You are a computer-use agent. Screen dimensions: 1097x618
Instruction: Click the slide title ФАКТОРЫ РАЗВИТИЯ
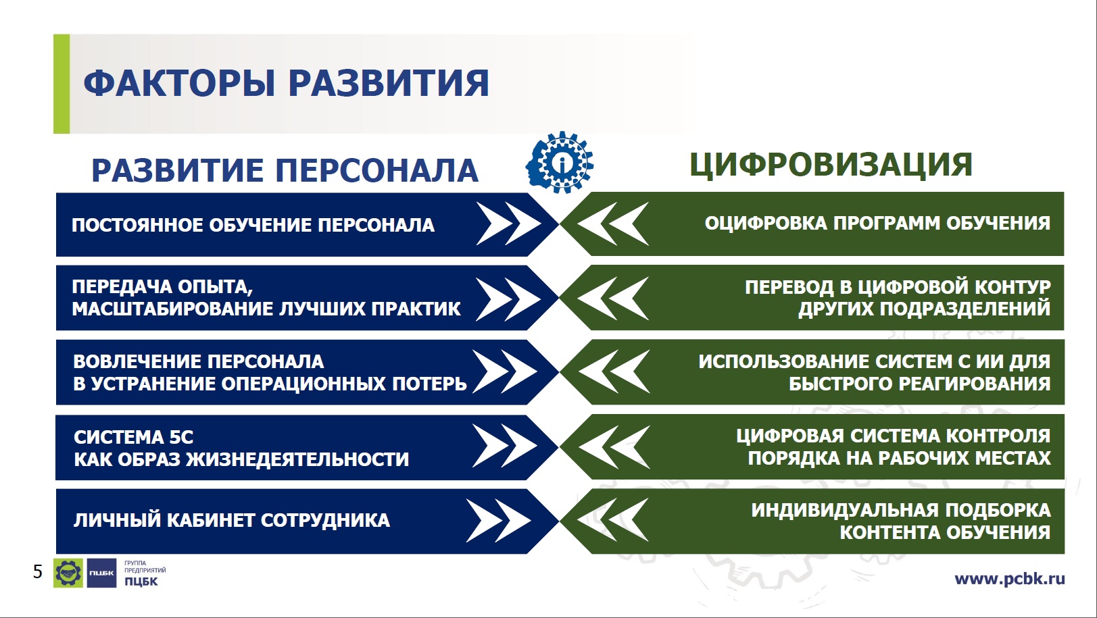point(287,82)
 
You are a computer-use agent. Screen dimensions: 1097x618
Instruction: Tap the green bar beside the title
point(62,84)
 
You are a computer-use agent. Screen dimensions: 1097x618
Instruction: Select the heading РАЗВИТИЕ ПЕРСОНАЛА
point(285,170)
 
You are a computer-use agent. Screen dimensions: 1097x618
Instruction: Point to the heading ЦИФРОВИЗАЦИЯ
point(831,165)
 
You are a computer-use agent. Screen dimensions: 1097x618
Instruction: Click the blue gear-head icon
point(560,162)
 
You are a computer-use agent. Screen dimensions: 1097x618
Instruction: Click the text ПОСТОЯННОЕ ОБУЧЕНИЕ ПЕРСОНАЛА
point(253,225)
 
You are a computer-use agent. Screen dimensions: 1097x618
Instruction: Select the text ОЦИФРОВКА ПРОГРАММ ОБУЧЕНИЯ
point(877,223)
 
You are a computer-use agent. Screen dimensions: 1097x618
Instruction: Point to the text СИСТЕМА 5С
point(134,437)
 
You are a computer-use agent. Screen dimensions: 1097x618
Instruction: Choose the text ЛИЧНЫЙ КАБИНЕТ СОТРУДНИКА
point(232,520)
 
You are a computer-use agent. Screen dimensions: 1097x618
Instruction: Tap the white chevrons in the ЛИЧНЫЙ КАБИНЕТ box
point(499,520)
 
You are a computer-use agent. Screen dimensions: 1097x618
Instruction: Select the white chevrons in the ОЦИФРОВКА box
point(613,224)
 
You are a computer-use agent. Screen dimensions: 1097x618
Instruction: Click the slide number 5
point(38,571)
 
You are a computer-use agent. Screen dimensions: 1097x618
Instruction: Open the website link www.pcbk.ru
point(1010,579)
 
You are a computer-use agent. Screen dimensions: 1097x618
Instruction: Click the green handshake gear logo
point(68,573)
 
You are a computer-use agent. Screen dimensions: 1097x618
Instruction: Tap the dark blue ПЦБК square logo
point(102,573)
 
